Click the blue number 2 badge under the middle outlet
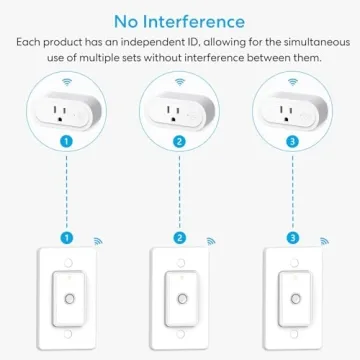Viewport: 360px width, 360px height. [180, 143]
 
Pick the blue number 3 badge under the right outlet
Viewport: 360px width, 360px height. [293, 143]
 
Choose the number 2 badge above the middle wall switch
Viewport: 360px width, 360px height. [180, 240]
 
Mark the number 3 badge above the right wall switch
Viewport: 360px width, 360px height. [293, 240]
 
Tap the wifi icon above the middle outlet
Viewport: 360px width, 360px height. [180, 77]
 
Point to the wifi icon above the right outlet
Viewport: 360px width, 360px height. [293, 77]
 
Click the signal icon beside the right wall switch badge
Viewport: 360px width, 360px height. [322, 241]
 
